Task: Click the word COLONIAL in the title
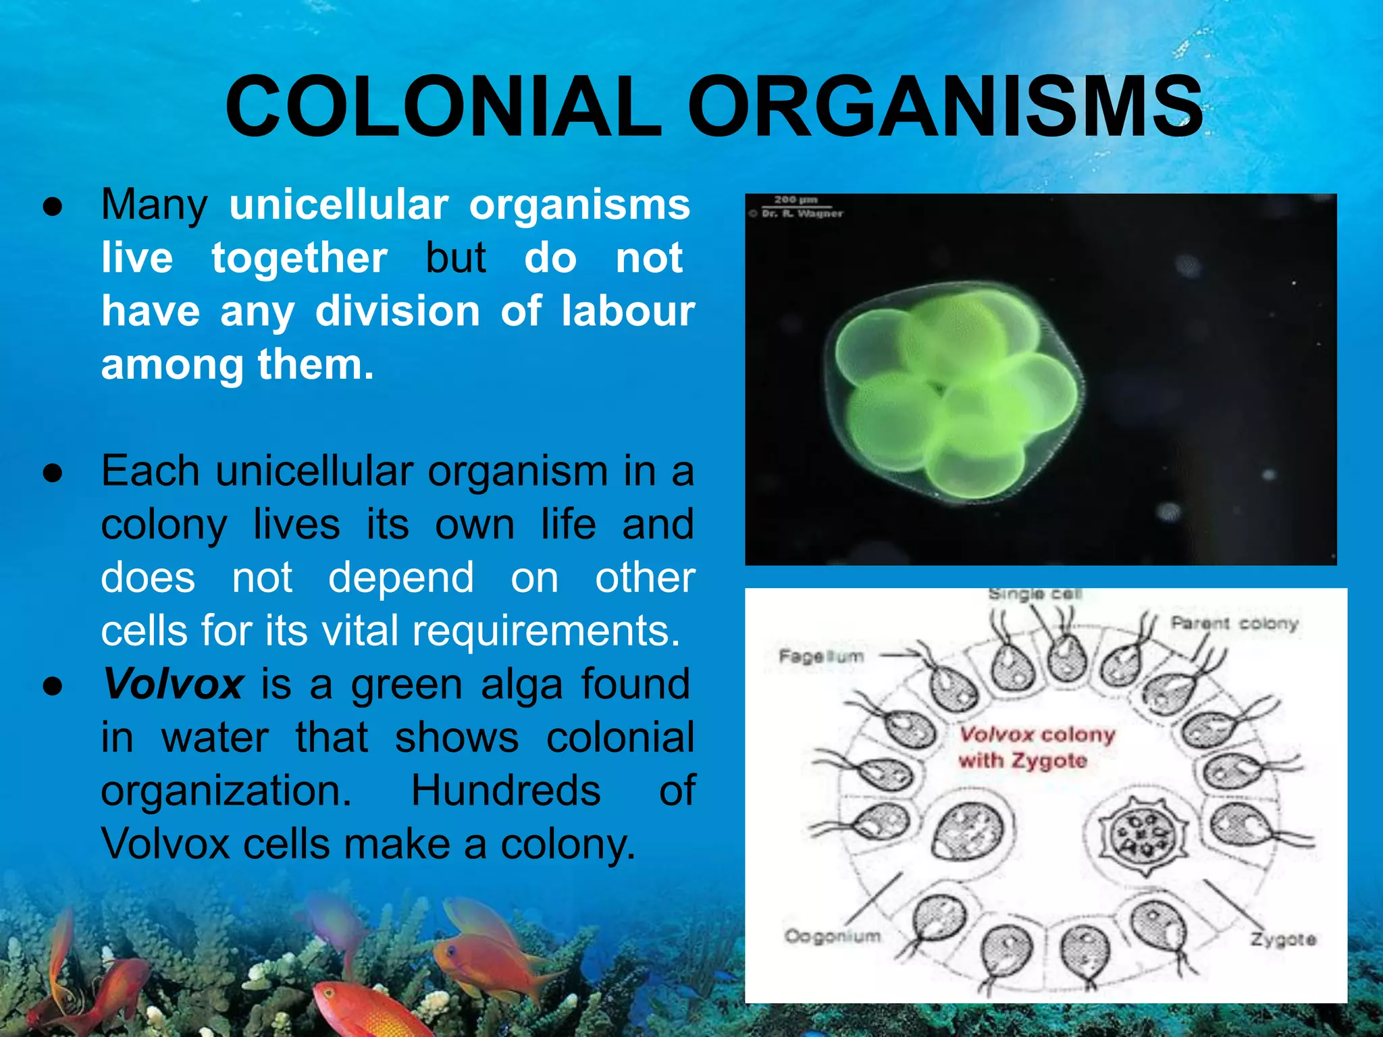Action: pyautogui.click(x=442, y=107)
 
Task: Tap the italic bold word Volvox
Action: pyautogui.click(x=173, y=684)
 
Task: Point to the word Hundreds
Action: pyautogui.click(x=506, y=791)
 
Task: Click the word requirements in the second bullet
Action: pyautogui.click(x=546, y=631)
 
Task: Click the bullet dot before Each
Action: pyautogui.click(x=53, y=473)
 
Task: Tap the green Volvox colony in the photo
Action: pyautogui.click(x=956, y=392)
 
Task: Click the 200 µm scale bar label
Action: pyautogui.click(x=795, y=200)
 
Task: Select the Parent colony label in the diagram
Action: pyautogui.click(x=1234, y=622)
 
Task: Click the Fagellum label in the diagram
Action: pyautogui.click(x=821, y=656)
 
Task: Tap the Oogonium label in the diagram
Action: pyautogui.click(x=832, y=936)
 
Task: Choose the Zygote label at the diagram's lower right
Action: pyautogui.click(x=1283, y=939)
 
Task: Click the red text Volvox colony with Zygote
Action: pyautogui.click(x=1036, y=747)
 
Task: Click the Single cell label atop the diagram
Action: pyautogui.click(x=1035, y=594)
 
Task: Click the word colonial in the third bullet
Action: pyautogui.click(x=620, y=737)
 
